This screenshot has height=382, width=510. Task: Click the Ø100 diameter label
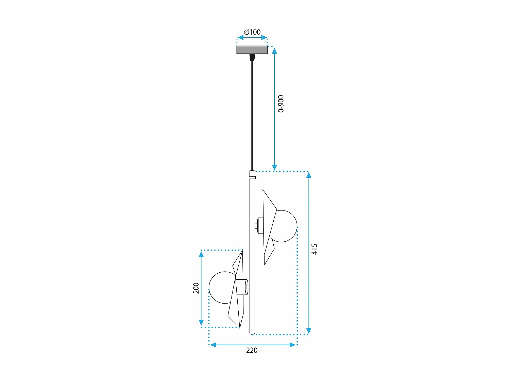tap(252, 32)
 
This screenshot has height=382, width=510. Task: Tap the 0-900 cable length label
tap(281, 104)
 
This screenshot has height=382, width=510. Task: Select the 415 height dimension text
tap(314, 249)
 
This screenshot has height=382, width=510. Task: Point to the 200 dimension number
tap(196, 288)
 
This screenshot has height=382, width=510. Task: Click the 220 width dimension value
tap(252, 350)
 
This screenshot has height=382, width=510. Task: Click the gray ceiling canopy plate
tap(252, 50)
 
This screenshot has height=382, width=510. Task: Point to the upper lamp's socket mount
tap(261, 225)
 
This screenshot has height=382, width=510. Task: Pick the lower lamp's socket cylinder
tap(241, 287)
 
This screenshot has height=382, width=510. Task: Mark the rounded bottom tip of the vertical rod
tap(252, 333)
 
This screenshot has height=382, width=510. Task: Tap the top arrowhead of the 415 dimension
tap(309, 175)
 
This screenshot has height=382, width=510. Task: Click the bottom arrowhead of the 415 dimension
tap(309, 331)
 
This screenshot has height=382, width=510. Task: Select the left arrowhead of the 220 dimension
tap(213, 345)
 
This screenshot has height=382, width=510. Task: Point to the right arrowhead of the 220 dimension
tap(292, 345)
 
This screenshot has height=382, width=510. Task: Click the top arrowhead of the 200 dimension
tap(201, 254)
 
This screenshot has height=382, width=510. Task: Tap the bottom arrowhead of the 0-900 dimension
tap(274, 167)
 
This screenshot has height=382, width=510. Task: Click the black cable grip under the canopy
tap(252, 57)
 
